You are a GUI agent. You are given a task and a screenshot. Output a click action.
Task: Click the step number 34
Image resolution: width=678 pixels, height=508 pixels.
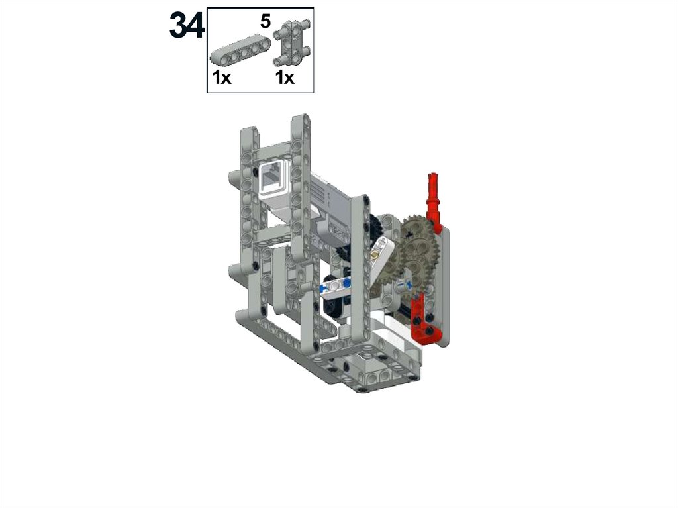187,25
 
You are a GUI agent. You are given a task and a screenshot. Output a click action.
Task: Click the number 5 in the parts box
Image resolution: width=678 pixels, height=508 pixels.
265,21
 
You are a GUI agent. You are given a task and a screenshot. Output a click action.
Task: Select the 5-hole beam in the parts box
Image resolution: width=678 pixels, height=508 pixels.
240,51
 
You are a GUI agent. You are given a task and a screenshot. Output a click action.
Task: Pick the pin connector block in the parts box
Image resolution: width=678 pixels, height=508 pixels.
291,42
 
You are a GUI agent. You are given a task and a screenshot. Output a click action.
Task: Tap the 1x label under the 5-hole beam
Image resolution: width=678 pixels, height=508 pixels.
222,78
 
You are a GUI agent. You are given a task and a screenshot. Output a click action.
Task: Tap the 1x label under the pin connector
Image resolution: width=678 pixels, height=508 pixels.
285,78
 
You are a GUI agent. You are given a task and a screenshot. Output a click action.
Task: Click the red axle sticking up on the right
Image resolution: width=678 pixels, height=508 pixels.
434,199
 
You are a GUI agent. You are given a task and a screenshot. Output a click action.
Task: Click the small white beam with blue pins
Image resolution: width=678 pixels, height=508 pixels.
336,286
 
